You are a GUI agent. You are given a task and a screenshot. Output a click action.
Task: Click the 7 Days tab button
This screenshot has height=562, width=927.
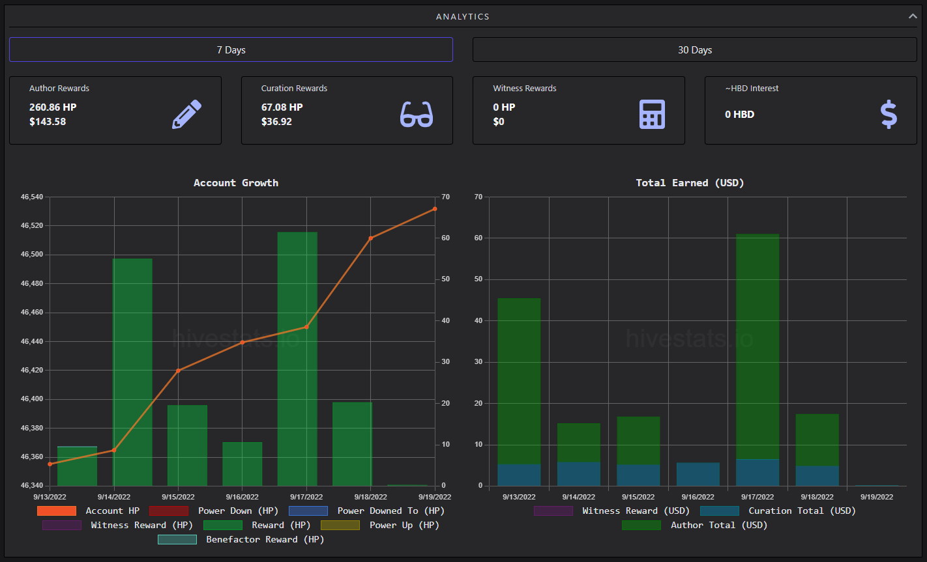(231, 49)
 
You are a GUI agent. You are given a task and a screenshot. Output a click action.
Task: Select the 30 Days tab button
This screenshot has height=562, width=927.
(694, 49)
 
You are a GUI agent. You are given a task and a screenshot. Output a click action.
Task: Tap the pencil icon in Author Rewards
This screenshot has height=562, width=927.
(186, 114)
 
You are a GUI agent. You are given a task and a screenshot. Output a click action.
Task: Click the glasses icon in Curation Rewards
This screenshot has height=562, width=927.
(417, 114)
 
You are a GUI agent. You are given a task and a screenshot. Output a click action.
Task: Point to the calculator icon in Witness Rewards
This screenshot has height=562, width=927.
(652, 114)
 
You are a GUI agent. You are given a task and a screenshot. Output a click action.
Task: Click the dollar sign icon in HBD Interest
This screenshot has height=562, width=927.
(889, 114)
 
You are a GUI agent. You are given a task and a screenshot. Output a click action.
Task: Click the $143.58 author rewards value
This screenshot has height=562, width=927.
(48, 122)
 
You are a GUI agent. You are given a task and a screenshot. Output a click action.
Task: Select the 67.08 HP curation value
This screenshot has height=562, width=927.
(282, 107)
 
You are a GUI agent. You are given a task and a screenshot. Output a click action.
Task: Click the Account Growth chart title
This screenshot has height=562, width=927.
(236, 183)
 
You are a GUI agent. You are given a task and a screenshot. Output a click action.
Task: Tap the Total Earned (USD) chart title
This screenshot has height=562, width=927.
(690, 183)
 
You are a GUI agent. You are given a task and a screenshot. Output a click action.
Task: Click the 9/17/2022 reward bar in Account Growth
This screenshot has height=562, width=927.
(297, 359)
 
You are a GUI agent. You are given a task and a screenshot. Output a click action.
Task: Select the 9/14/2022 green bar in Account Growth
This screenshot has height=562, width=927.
(132, 372)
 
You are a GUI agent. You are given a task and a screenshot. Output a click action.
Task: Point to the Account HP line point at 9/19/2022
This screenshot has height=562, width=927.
(435, 209)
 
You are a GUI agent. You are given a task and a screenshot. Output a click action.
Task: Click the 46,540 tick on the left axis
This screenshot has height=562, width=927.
(32, 197)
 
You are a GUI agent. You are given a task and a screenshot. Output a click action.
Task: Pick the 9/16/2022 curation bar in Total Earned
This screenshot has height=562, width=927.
(698, 474)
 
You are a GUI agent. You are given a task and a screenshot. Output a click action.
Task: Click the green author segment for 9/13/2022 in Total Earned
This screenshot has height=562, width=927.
(519, 381)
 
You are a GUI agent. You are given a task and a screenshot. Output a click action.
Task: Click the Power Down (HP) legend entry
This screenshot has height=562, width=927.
(214, 511)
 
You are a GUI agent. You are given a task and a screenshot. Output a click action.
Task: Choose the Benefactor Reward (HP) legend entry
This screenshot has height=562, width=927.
(241, 539)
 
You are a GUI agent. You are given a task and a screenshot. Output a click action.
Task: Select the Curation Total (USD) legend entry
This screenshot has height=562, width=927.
(778, 511)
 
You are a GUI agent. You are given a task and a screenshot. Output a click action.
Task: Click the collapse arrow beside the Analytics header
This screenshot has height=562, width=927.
(913, 16)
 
